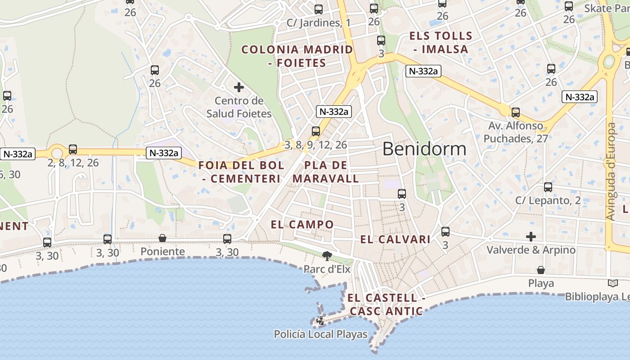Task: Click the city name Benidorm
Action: [424, 148]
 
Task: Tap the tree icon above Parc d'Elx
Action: [327, 256]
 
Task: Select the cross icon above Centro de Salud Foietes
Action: [238, 87]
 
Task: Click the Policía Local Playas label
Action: [320, 334]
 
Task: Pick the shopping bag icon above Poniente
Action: [162, 238]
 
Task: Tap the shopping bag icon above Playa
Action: [541, 270]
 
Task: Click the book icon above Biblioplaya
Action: [612, 283]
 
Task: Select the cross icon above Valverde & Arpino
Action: [531, 236]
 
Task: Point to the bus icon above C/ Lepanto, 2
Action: [548, 187]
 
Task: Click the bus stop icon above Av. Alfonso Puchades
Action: [516, 112]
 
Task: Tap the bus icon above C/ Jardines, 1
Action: [319, 9]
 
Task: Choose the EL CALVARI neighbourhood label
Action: [395, 239]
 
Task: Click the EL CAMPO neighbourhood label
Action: [302, 225]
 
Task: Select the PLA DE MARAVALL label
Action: [326, 172]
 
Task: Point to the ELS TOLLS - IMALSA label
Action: [441, 42]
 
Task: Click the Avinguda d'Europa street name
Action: [610, 171]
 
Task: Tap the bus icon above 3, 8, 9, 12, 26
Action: [316, 131]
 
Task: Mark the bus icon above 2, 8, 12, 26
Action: [73, 149]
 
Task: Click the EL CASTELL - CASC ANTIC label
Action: [386, 304]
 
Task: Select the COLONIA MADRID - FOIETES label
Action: [297, 56]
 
